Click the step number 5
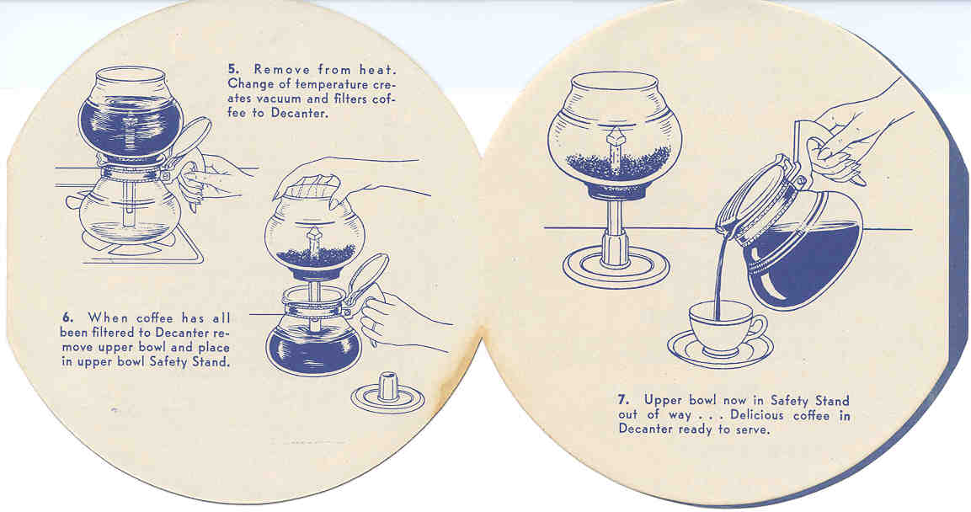pyautogui.click(x=232, y=69)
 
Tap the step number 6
pyautogui.click(x=67, y=318)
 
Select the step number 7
pyautogui.click(x=623, y=400)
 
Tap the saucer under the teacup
pyautogui.click(x=719, y=349)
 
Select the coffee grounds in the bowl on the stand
pyautogui.click(x=618, y=163)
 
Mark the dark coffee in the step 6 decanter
pyautogui.click(x=313, y=352)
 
